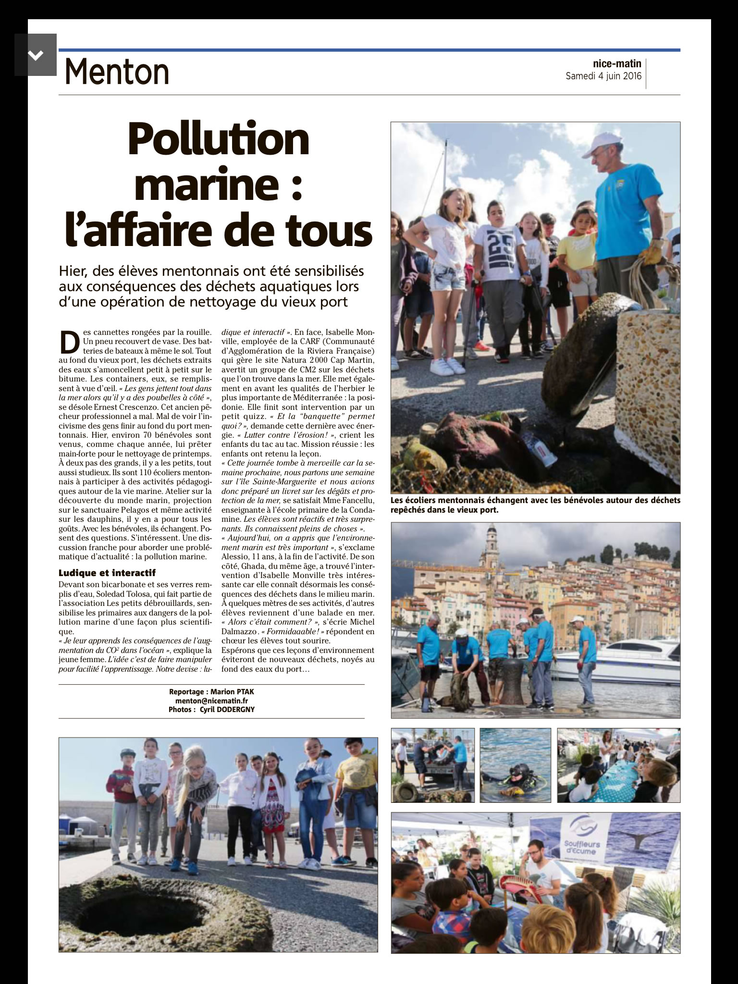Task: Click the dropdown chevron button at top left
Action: click(x=36, y=55)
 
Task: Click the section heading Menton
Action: click(x=117, y=72)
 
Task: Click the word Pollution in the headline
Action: click(x=219, y=140)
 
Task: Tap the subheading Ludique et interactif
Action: click(x=107, y=573)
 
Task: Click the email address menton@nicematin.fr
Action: click(x=211, y=701)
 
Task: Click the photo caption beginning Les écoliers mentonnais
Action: click(x=535, y=505)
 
